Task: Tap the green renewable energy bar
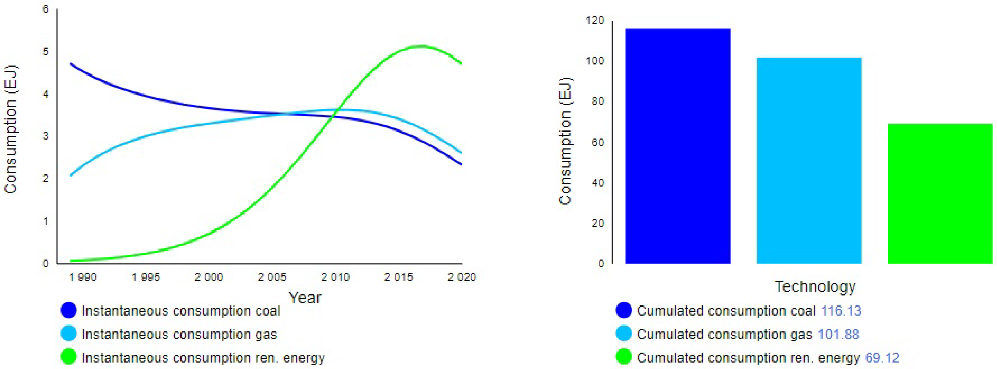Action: pyautogui.click(x=940, y=193)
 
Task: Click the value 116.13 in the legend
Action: pyautogui.click(x=841, y=311)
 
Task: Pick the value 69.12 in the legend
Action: pyautogui.click(x=882, y=358)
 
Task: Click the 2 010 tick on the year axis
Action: pyautogui.click(x=335, y=277)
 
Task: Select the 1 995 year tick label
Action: pyautogui.click(x=146, y=277)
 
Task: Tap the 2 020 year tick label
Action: pyautogui.click(x=461, y=277)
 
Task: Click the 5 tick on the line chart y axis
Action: pyautogui.click(x=46, y=52)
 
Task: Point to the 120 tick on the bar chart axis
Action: pyautogui.click(x=595, y=20)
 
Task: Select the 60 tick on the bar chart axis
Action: pyautogui.click(x=597, y=142)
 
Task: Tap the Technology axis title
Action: pyautogui.click(x=815, y=287)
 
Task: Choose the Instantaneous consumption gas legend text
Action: pyautogui.click(x=179, y=334)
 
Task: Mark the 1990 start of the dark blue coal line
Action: pyautogui.click(x=70, y=64)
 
